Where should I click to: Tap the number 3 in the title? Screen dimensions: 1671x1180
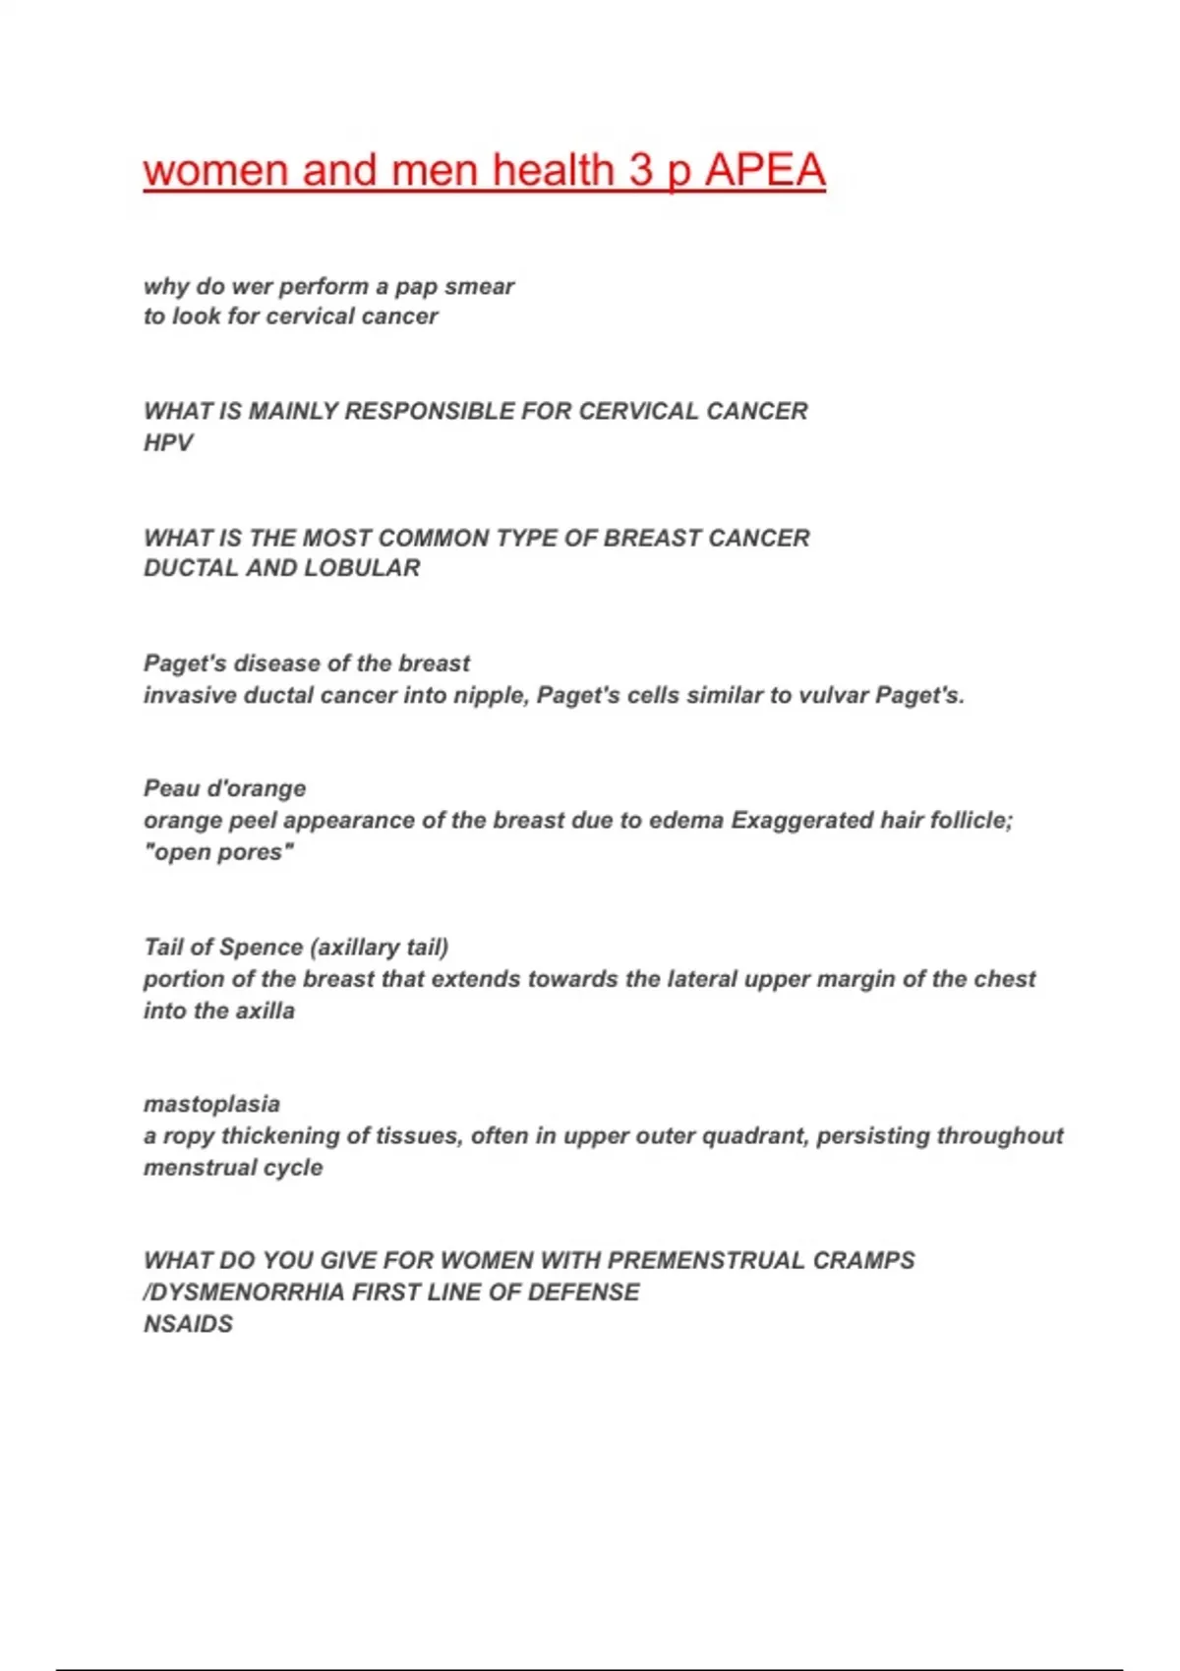640,170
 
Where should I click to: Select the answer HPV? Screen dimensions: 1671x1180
168,442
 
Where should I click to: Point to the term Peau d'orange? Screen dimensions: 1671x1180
224,788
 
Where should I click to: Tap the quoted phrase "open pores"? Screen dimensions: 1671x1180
218,852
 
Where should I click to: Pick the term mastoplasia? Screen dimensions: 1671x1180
211,1104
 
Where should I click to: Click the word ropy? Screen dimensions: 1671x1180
188,1136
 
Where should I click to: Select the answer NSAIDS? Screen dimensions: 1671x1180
188,1324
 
